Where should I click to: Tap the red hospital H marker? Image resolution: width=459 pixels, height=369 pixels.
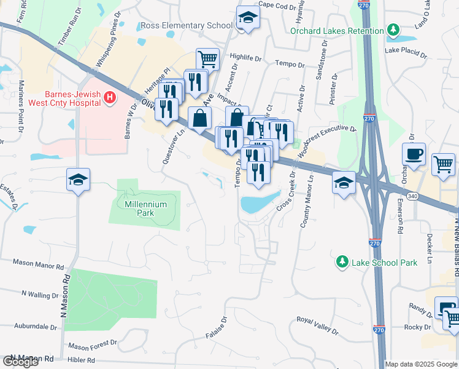[x=109, y=97]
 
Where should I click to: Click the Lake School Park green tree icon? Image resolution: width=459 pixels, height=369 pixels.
[x=342, y=263]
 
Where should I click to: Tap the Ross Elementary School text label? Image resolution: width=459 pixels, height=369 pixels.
[x=187, y=26]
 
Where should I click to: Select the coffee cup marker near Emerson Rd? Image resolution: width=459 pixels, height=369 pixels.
[x=414, y=154]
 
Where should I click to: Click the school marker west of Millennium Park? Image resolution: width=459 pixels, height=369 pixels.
[x=79, y=180]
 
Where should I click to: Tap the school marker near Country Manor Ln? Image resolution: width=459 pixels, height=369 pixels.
[x=344, y=182]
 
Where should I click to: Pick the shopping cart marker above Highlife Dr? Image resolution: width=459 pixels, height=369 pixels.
[x=208, y=59]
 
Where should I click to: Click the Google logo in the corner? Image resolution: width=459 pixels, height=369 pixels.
[x=20, y=361]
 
